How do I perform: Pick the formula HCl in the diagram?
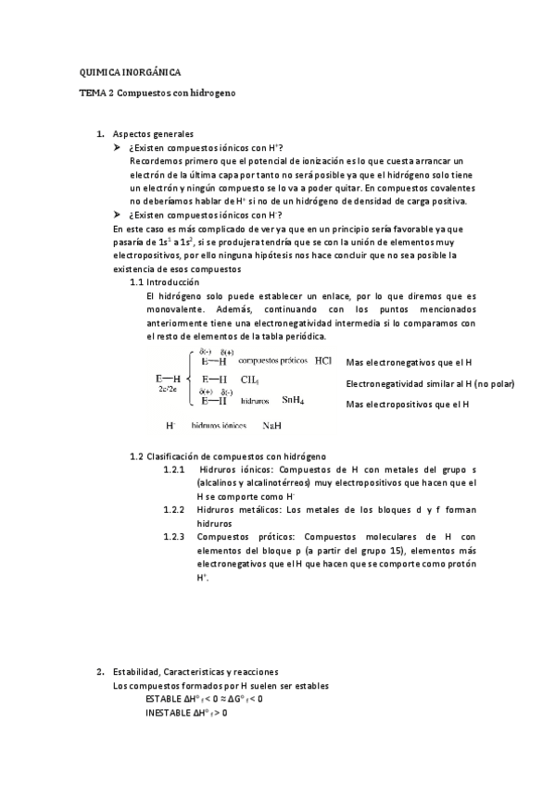coord(322,361)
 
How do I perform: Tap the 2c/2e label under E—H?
coord(168,390)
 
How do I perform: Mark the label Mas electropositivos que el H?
coord(407,404)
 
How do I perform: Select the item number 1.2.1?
coord(174,470)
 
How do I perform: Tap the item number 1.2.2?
coord(174,510)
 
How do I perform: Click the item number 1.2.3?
coord(174,536)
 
